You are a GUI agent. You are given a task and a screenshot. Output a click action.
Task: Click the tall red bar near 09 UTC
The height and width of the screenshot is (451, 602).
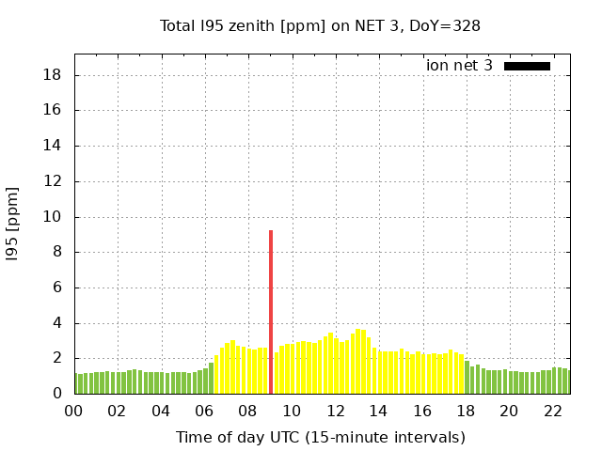(271, 312)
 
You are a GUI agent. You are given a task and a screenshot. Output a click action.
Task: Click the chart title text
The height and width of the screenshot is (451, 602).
(320, 25)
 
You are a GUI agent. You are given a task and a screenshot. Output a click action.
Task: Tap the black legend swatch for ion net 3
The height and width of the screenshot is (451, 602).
(527, 66)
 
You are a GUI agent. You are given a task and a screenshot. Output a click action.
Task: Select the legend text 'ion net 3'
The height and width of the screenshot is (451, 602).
(459, 66)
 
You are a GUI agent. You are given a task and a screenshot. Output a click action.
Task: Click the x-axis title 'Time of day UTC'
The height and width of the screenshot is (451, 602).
(320, 437)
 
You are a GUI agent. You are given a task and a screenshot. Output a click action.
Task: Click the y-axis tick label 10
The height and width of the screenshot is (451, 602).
(54, 217)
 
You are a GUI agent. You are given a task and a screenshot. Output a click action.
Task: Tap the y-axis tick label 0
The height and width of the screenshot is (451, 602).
(57, 394)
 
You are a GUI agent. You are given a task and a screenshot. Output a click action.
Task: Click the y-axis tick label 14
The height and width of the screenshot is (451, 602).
(54, 146)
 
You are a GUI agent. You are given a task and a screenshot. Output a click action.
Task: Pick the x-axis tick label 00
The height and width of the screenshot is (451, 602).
(74, 412)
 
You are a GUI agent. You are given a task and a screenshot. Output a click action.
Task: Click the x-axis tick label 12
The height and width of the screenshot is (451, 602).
(335, 412)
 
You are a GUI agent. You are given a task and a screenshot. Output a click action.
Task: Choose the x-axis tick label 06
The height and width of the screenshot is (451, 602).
(205, 412)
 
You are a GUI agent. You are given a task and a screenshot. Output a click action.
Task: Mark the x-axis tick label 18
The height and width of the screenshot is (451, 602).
(466, 412)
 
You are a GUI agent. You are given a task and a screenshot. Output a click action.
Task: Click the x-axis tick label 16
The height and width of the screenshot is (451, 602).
(422, 412)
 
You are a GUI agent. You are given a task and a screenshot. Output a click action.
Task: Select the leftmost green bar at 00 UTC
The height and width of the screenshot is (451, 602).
(77, 383)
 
